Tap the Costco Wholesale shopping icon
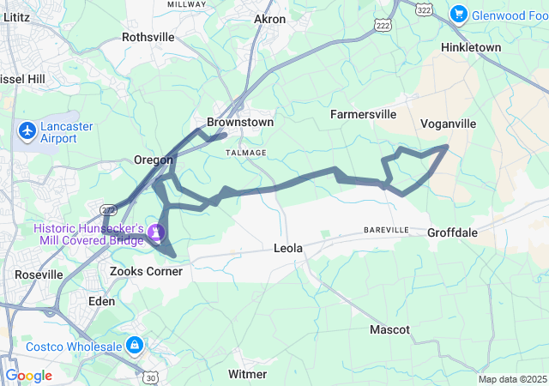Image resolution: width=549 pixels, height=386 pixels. pos(134,345)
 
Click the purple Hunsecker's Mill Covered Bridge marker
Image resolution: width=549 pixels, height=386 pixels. pos(155,231)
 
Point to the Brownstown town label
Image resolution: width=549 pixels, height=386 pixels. pos(240,123)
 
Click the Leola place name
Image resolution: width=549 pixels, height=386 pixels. pos(288,249)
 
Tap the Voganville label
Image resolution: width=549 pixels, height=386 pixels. pos(448,124)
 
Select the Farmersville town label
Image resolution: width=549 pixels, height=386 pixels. pos(364,113)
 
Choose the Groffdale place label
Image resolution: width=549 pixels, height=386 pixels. pos(452,232)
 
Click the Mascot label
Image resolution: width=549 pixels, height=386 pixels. pos(389,329)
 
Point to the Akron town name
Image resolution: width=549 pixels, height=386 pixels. pos(270,19)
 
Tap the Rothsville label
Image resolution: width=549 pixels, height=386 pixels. pos(148,37)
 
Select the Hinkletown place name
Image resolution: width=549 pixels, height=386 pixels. pos(469,47)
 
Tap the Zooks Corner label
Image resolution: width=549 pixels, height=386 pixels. pos(147,271)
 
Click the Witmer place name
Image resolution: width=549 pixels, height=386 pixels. pos(248,374)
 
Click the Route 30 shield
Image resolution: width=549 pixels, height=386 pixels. pos(151,377)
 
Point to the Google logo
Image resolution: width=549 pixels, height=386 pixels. pos(29,375)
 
